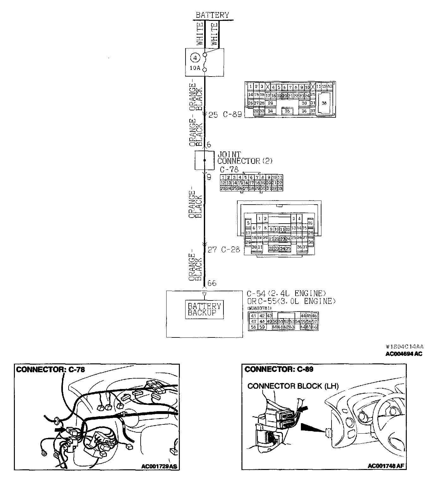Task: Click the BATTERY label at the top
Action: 212,15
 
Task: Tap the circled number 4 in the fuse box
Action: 196,58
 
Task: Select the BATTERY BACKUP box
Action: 204,309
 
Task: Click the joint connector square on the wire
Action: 204,160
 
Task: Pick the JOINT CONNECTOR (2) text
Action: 244,157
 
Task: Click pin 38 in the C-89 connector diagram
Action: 325,103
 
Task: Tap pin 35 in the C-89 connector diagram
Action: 287,111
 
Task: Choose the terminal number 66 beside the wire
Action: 212,283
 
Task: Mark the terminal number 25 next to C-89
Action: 213,115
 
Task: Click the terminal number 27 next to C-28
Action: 212,250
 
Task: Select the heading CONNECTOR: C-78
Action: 51,369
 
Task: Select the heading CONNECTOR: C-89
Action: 279,369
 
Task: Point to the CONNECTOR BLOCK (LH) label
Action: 293,386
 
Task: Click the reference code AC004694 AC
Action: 403,354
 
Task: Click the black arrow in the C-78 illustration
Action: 60,430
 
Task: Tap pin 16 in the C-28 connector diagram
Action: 310,223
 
